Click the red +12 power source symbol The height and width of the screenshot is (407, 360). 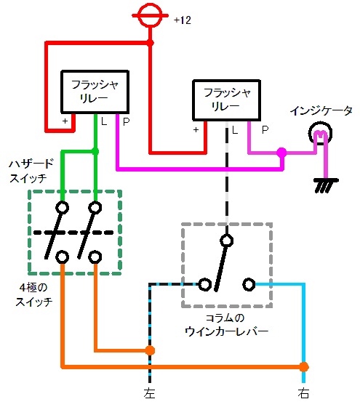click(x=150, y=15)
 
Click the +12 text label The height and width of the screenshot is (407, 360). click(x=183, y=20)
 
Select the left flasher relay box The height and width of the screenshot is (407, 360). click(x=95, y=92)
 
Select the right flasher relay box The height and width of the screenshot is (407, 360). click(x=226, y=100)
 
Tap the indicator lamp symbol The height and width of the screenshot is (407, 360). click(x=320, y=134)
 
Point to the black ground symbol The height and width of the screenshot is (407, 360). click(x=326, y=185)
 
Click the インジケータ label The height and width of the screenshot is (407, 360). click(x=321, y=110)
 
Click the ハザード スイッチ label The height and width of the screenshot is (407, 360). click(x=31, y=171)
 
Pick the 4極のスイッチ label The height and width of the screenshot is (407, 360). click(x=33, y=294)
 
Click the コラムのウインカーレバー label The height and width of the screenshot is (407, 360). click(x=226, y=325)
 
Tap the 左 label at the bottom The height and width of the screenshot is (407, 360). click(x=149, y=393)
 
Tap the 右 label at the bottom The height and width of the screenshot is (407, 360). click(x=303, y=393)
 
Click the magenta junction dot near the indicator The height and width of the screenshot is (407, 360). click(x=281, y=153)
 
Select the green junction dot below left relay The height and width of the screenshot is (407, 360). click(x=95, y=151)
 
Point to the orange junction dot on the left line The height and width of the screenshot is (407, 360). click(x=150, y=350)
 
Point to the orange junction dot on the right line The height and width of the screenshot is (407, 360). click(x=303, y=367)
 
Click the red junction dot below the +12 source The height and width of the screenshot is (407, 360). click(x=150, y=43)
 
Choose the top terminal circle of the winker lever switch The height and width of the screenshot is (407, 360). click(x=226, y=241)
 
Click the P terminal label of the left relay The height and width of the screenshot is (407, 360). click(x=126, y=121)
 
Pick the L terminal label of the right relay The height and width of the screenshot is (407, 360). click(x=235, y=129)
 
